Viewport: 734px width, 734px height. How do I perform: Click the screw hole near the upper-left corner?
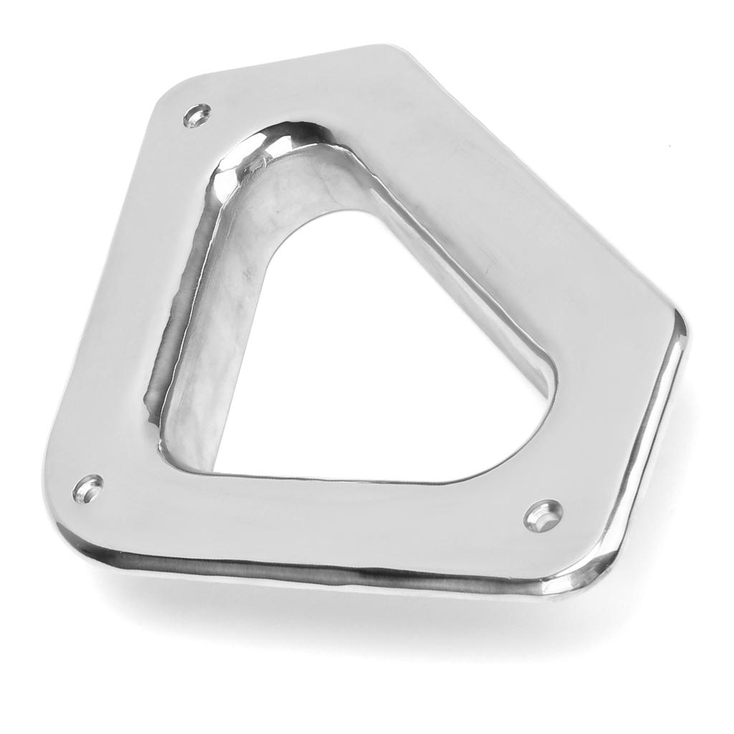[x=196, y=115]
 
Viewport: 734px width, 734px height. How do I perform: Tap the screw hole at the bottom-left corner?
[x=87, y=489]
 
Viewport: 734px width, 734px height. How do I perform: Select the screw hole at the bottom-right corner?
[x=543, y=515]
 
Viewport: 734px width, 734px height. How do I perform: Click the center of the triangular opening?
[x=380, y=358]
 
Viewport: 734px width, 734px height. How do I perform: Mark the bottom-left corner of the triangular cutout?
[x=219, y=470]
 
